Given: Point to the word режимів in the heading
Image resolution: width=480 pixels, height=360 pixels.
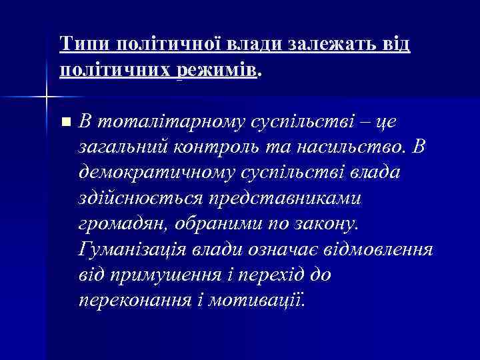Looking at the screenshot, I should point(217,69).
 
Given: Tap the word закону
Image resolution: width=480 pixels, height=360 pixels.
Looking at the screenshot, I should point(322,221).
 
